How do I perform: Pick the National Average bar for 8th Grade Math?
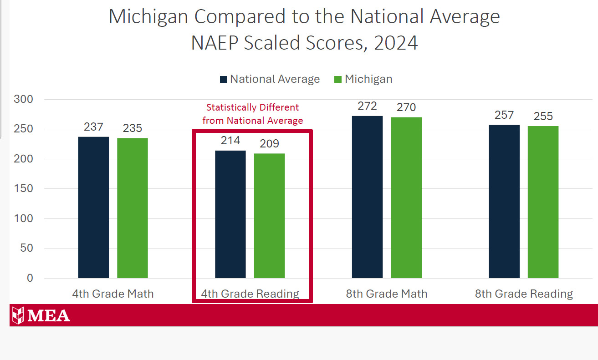point(367,197)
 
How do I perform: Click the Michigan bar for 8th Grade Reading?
point(543,202)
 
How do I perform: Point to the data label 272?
point(367,106)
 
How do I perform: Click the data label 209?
point(269,144)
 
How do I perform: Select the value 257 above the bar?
point(504,115)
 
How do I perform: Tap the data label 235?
point(133,128)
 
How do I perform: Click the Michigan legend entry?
point(363,79)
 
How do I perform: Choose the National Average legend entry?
point(270,79)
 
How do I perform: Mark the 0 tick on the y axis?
point(30,278)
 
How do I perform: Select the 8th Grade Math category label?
point(387,294)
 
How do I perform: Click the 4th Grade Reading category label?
point(250,294)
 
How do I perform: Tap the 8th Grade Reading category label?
point(524,294)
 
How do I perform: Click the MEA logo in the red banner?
point(41,315)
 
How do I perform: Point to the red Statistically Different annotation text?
point(253,114)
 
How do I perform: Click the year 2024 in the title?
point(395,43)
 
